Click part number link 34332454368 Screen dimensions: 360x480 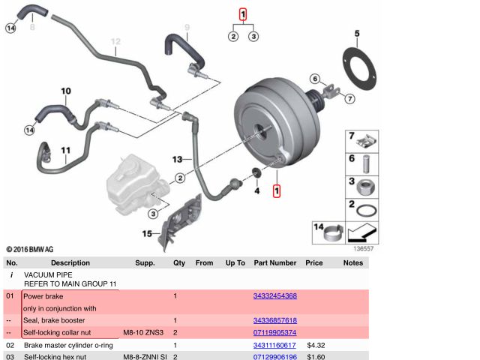(275, 296)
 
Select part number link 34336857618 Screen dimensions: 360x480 (275, 320)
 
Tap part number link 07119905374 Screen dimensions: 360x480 (275, 332)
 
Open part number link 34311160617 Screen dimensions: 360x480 (275, 345)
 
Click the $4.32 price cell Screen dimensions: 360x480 (315, 345)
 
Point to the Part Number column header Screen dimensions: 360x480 (275, 263)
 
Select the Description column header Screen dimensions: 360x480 (70, 263)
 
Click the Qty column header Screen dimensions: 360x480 (179, 263)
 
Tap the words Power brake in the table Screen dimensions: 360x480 (43, 296)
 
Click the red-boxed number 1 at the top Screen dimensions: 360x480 (243, 13)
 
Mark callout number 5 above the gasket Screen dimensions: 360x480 (357, 33)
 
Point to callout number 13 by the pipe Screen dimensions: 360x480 (178, 159)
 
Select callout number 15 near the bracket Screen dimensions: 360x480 (147, 235)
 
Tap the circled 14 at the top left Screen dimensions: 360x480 (10, 28)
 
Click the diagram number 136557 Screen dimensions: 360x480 (363, 248)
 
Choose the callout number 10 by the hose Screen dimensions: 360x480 (66, 91)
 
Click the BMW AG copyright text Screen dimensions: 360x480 (30, 249)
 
